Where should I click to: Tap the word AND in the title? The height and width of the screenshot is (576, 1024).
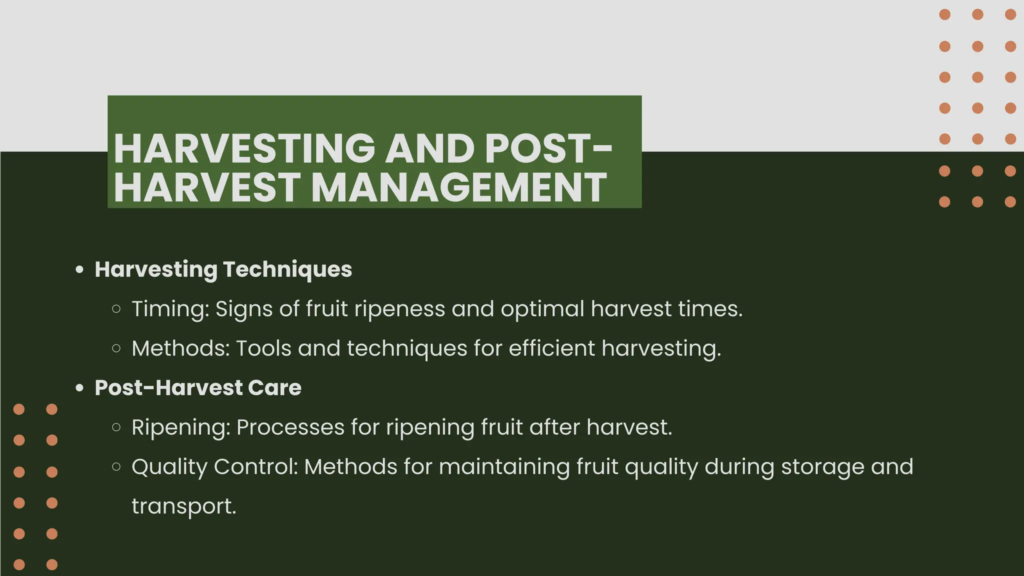coord(430,148)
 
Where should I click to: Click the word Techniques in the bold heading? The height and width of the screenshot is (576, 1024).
coord(287,269)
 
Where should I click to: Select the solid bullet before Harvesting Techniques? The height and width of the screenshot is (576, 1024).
coord(79,270)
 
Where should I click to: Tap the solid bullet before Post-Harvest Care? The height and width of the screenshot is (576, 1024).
coord(79,388)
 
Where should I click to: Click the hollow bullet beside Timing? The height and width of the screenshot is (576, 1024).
coord(116,309)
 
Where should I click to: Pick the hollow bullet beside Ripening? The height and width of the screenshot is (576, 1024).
coord(116,427)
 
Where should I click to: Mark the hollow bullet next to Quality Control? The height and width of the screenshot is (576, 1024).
coord(116,467)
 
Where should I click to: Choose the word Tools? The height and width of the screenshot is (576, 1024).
coord(263,348)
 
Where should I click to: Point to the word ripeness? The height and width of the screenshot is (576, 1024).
coord(399,309)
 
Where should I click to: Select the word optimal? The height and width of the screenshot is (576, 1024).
coord(542,309)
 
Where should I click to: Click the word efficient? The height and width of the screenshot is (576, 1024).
coord(551,348)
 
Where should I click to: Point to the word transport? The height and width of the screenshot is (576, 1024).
coord(183,506)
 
